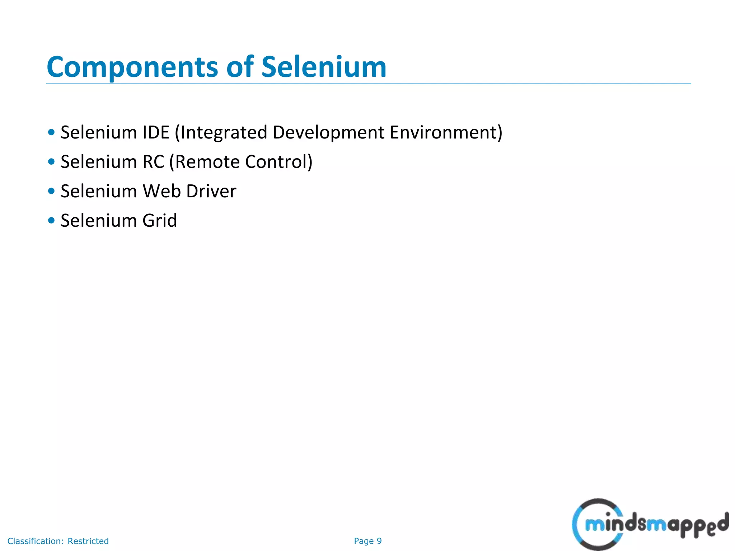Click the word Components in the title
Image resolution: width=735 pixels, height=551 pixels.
coord(132,67)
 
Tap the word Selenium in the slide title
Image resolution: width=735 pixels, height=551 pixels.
coord(324,67)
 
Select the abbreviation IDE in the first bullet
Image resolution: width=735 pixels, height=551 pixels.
coord(156,132)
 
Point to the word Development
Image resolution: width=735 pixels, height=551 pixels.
coord(328,132)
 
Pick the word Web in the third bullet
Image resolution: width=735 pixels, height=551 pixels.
coord(161,191)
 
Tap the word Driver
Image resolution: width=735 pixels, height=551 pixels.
coord(211,191)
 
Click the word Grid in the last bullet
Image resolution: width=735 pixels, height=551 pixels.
coord(160,221)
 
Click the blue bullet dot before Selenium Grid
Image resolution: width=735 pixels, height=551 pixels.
coord(51,220)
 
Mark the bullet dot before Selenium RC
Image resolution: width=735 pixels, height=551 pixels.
coord(51,161)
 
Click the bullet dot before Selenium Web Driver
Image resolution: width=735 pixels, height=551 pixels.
coord(51,191)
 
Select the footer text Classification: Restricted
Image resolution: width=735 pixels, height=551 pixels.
coord(58,541)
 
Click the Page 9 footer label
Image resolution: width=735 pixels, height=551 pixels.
coord(367,541)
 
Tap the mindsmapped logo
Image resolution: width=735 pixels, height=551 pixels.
coord(650,524)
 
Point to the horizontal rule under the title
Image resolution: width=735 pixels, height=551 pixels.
coord(368,84)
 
